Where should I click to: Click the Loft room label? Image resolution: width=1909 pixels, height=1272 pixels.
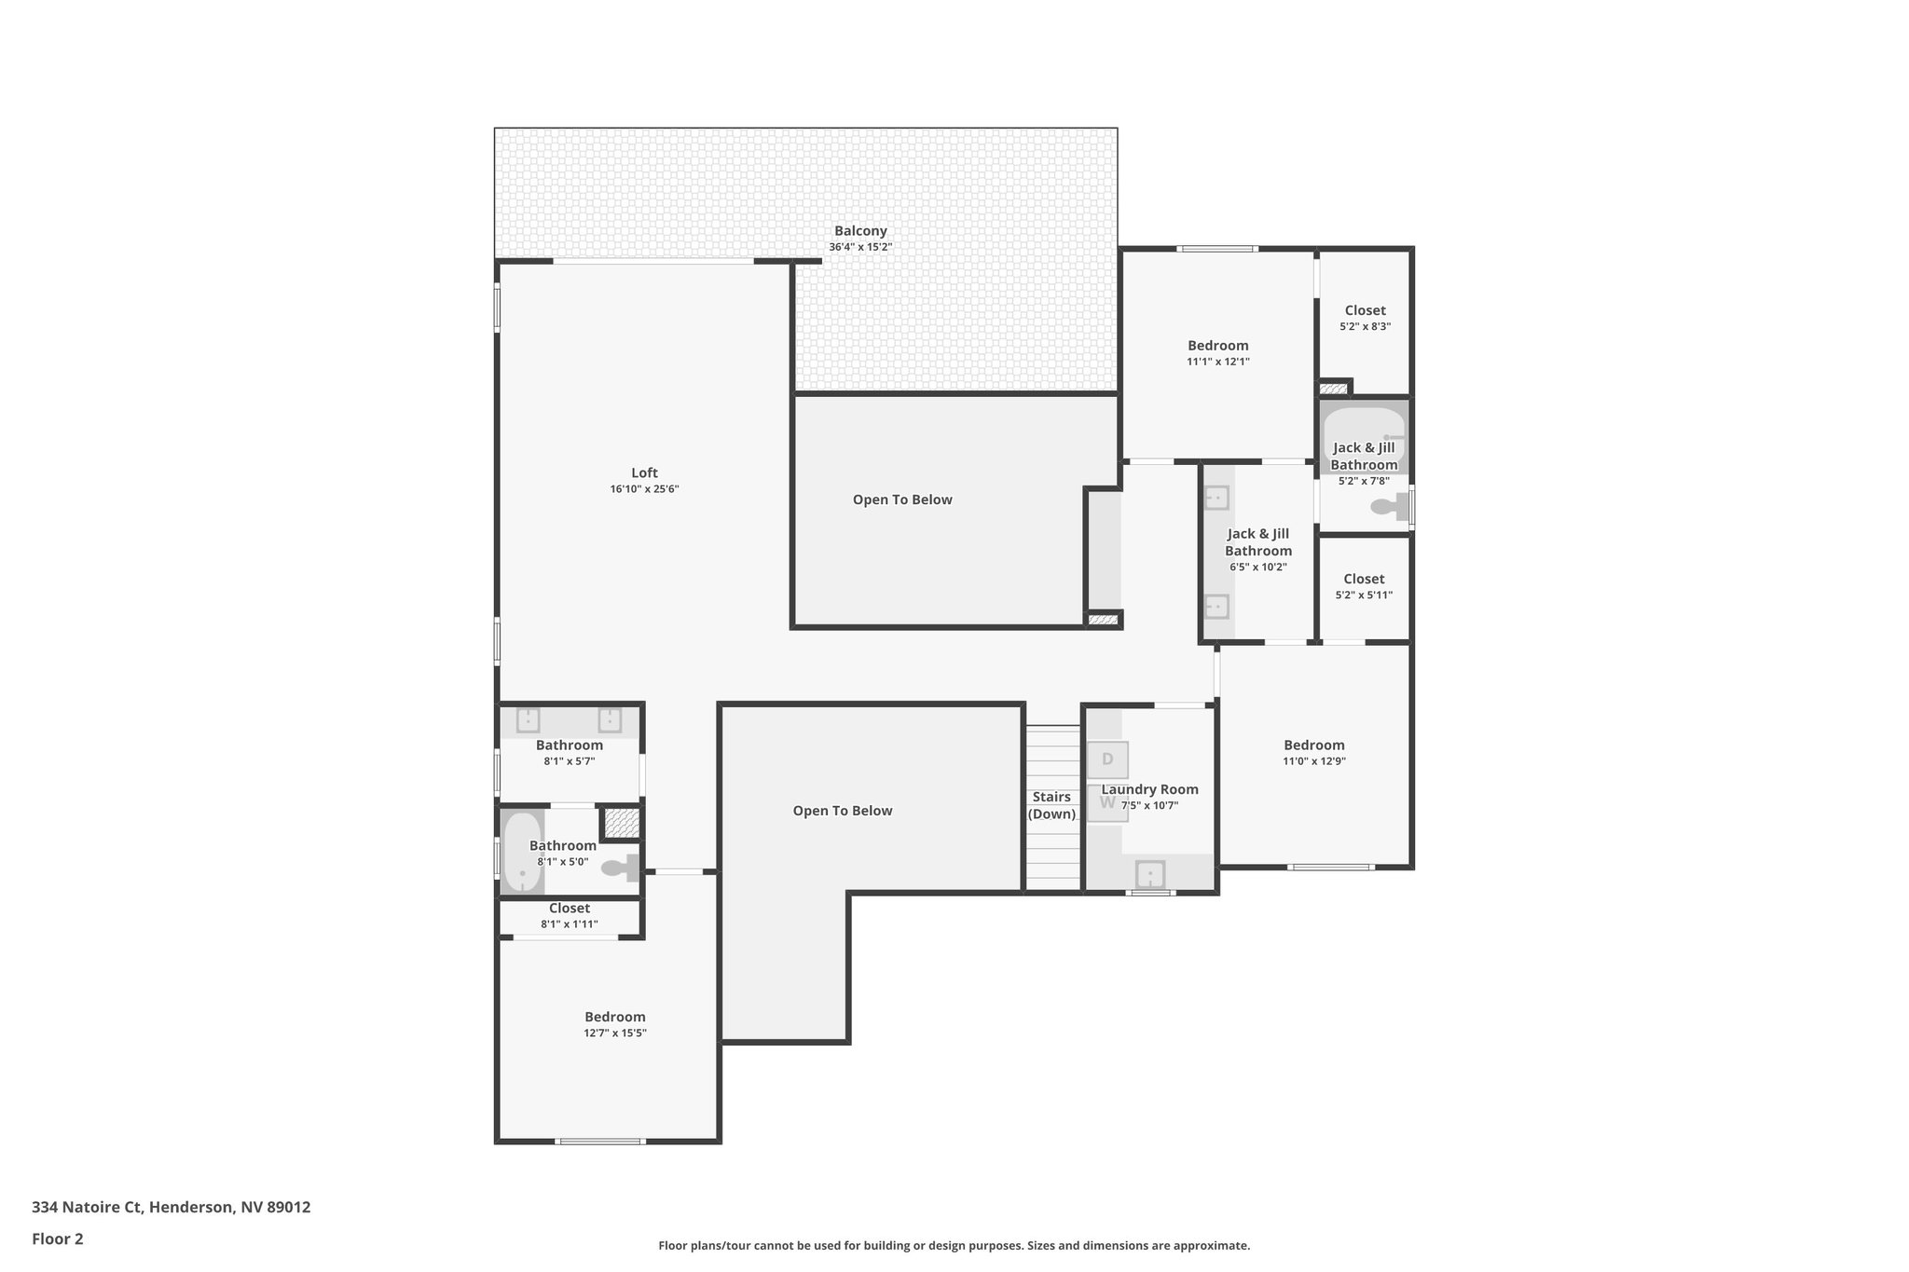644,473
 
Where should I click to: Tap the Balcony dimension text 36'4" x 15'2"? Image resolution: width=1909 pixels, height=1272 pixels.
860,247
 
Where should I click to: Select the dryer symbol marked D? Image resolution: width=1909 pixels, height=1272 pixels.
1107,759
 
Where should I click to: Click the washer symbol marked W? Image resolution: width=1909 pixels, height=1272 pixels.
1107,803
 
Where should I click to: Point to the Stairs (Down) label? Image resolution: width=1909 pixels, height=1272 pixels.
1051,805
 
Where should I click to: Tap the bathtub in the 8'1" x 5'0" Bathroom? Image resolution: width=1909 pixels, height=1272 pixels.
522,853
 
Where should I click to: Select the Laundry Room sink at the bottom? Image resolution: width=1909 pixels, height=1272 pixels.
1149,875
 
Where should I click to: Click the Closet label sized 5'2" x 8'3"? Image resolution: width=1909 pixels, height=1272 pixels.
1365,310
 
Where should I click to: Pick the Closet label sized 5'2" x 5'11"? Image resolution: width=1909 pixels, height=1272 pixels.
1364,579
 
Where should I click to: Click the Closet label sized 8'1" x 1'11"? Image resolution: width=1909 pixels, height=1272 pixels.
569,908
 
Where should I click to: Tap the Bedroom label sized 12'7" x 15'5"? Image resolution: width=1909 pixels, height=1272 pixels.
614,1017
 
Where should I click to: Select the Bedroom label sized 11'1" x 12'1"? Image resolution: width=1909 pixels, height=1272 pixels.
1217,346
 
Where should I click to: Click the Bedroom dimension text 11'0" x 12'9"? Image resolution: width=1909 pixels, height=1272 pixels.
1313,761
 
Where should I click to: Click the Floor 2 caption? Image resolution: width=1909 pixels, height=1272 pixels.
58,1238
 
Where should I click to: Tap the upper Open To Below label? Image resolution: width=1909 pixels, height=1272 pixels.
902,499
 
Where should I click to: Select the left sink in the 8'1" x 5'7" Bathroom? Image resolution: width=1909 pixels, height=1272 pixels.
528,719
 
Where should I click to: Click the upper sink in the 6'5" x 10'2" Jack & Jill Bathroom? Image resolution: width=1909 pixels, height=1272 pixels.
1215,498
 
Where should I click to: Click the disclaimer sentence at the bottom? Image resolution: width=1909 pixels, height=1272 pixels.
954,1245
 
